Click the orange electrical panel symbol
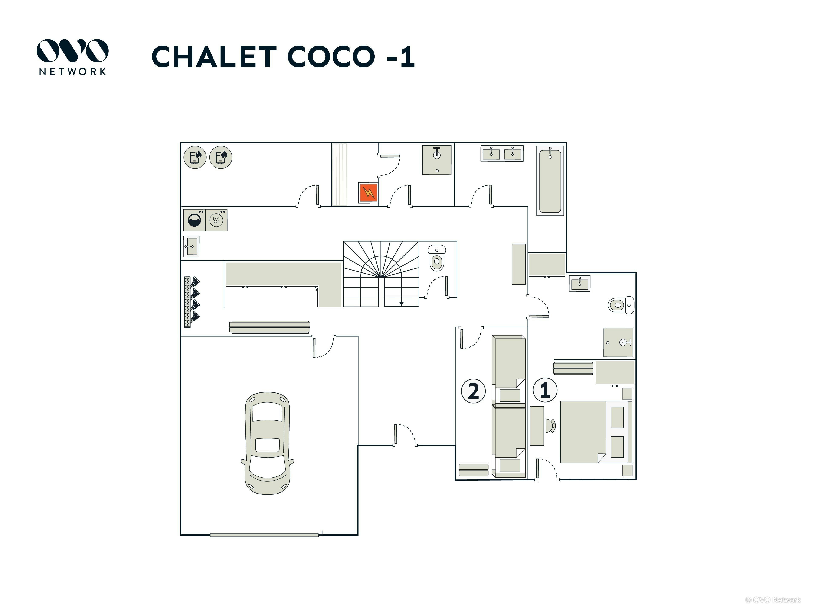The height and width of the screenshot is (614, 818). [368, 193]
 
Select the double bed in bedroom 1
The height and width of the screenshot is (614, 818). [588, 432]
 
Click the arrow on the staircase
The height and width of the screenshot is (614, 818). [401, 304]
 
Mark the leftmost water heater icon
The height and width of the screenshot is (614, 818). [195, 157]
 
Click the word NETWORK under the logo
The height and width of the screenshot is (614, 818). [72, 71]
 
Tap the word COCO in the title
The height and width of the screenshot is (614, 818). [331, 57]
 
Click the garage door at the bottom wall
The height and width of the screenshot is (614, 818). [264, 535]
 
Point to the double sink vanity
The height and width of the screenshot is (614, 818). [502, 153]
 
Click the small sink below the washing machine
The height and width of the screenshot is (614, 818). [191, 246]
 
